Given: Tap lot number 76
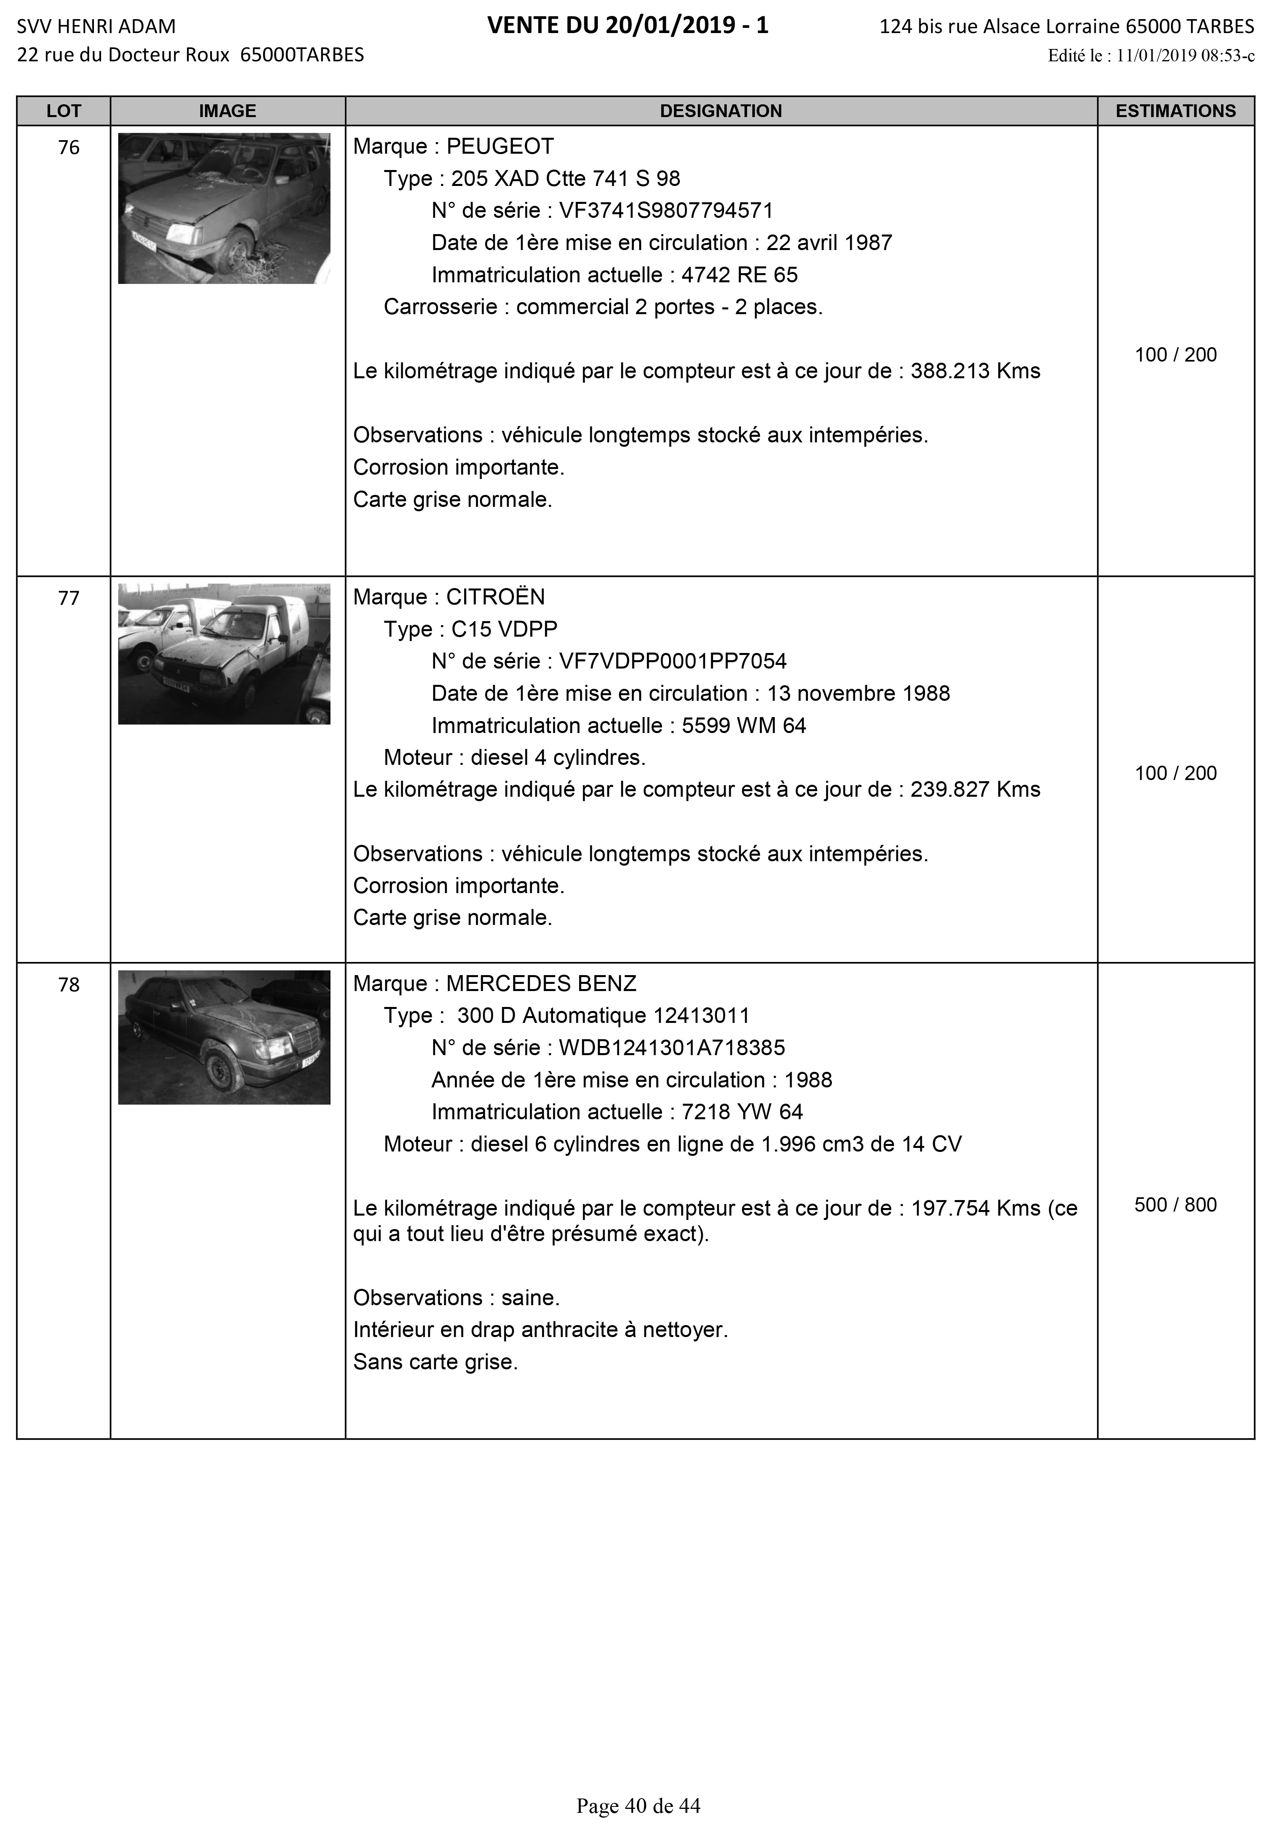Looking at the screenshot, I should coord(69,148).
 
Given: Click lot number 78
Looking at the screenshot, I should coord(69,985).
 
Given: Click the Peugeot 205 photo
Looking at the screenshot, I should coord(224,208).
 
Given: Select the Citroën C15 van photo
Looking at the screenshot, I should coord(224,654).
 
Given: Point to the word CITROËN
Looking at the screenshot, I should coord(496,597).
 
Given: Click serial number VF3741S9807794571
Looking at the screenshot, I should coord(665,211).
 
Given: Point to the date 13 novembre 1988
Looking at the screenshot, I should coord(858,694).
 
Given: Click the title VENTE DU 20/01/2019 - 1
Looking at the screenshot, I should coord(628,26).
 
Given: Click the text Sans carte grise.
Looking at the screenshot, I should coord(435,1363).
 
